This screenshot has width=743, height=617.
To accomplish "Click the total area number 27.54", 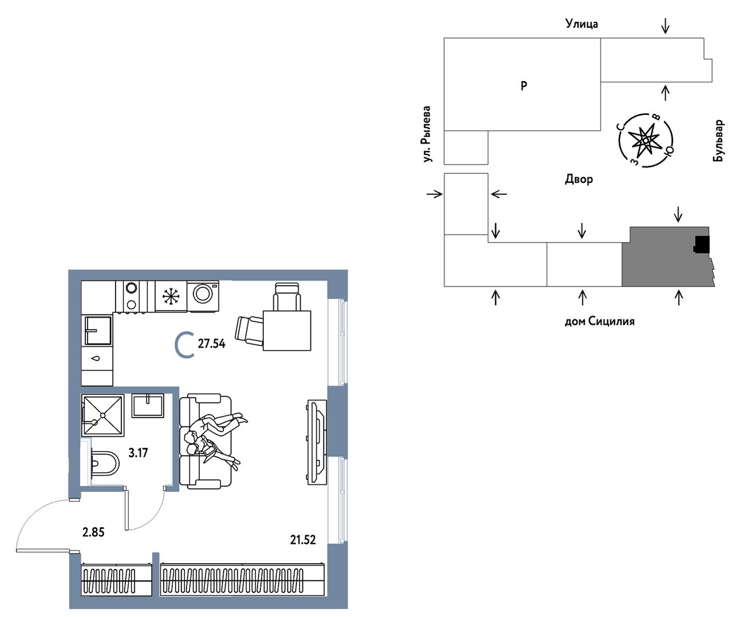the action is pyautogui.click(x=211, y=344).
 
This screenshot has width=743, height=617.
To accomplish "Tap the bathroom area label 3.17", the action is pyautogui.click(x=138, y=453).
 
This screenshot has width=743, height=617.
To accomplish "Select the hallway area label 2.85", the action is pyautogui.click(x=93, y=532).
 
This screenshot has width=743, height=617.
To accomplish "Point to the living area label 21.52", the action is pyautogui.click(x=303, y=540).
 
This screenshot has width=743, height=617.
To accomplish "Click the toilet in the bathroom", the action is pyautogui.click(x=105, y=463).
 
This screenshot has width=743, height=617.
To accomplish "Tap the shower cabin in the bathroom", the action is pyautogui.click(x=103, y=415).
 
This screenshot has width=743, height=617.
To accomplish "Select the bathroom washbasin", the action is pyautogui.click(x=148, y=405).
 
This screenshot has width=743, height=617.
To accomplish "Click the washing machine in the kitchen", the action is pyautogui.click(x=203, y=296).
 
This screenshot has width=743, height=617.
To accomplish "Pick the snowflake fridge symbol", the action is pyautogui.click(x=171, y=297).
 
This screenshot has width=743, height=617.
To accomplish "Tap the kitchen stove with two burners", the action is pyautogui.click(x=131, y=296).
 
